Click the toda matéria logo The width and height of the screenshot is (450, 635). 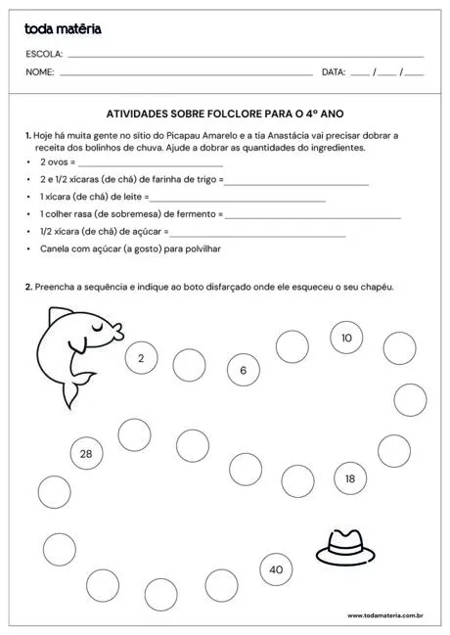pos(63,29)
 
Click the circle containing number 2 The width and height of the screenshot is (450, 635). pos(141,359)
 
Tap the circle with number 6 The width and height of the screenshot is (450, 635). pos(243,371)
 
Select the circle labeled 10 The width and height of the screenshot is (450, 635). pos(346,338)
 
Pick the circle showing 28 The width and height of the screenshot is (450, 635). pos(86,453)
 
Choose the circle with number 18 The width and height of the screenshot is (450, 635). pos(350,478)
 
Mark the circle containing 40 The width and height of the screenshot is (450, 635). pos(276,569)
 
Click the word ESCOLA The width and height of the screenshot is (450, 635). pos(44,54)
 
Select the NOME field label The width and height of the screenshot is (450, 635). pos(39,72)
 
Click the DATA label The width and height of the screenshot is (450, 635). pos(334,72)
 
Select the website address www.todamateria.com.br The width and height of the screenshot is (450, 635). pos(384,616)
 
